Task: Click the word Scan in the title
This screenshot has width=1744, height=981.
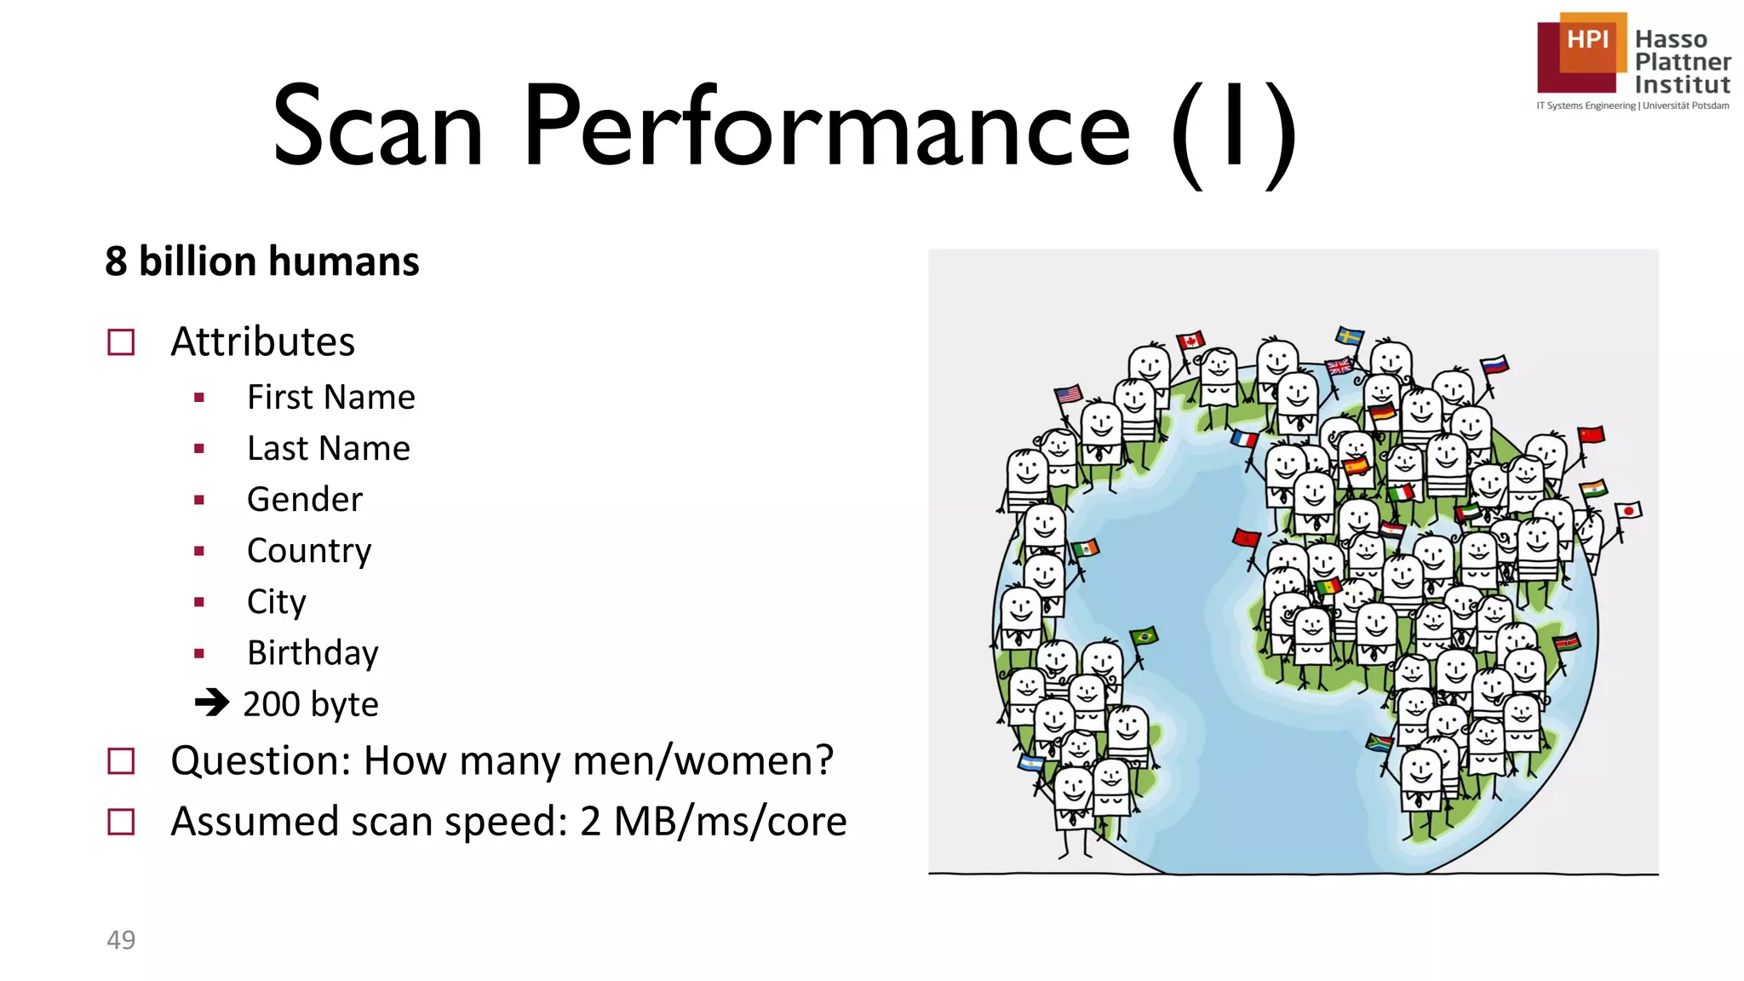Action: (x=377, y=128)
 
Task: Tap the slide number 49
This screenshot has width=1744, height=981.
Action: (x=121, y=939)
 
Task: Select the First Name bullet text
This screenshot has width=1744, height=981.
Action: (x=330, y=398)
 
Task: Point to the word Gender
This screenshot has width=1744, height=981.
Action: (x=304, y=500)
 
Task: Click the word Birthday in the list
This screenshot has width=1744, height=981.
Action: (x=313, y=653)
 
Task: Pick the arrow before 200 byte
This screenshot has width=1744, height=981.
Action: (x=211, y=703)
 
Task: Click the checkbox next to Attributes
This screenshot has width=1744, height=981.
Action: (x=121, y=342)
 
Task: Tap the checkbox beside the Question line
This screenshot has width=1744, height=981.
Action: (x=121, y=760)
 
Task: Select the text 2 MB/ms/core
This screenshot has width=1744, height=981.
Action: (x=713, y=822)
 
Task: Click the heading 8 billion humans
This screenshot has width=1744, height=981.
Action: (x=261, y=261)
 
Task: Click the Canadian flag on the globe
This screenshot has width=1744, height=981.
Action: (x=1190, y=341)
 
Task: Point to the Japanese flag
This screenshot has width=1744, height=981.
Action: (x=1628, y=512)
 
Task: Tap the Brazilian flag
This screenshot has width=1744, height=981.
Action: (x=1144, y=636)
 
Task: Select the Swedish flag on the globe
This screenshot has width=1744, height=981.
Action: (x=1349, y=336)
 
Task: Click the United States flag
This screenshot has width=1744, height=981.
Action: (x=1068, y=394)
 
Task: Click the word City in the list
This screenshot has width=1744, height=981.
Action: (x=276, y=602)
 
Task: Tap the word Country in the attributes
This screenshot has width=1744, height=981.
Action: (x=309, y=551)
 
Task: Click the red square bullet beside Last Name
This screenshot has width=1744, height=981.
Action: (x=199, y=449)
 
